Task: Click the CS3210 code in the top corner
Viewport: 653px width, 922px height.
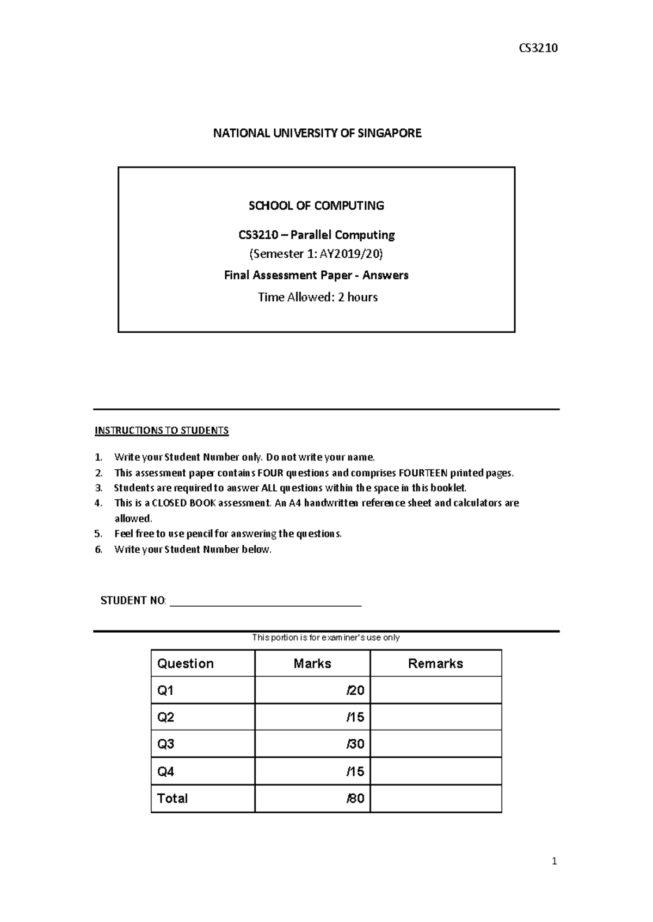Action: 538,48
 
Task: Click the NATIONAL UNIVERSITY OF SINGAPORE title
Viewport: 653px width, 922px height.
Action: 317,133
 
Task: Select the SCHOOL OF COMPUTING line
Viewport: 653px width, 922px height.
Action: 316,205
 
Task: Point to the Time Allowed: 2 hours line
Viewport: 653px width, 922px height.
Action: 317,297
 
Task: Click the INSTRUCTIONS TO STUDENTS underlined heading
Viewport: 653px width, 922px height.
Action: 162,431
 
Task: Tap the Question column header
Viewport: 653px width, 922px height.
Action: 185,663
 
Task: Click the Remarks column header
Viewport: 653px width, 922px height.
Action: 435,663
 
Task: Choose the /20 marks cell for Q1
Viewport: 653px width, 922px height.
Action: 355,690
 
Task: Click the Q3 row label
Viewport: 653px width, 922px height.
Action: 165,744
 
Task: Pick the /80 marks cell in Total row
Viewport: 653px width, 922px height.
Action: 355,799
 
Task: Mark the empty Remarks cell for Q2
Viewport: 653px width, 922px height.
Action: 435,717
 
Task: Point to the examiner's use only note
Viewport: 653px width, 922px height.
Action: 325,637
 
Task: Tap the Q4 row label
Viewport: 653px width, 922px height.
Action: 165,771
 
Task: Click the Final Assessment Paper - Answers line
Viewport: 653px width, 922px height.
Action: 316,275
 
